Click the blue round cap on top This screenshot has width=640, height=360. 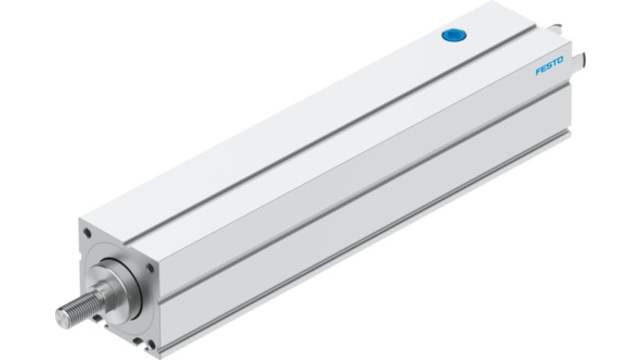(x=454, y=35)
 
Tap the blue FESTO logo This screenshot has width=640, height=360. (x=549, y=66)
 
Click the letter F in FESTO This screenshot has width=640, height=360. (x=539, y=71)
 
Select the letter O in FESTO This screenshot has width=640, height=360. (x=560, y=60)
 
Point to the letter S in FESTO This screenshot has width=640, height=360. (x=550, y=66)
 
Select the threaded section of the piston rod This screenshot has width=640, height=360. (x=79, y=309)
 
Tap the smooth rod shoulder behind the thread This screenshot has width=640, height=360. (x=105, y=292)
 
